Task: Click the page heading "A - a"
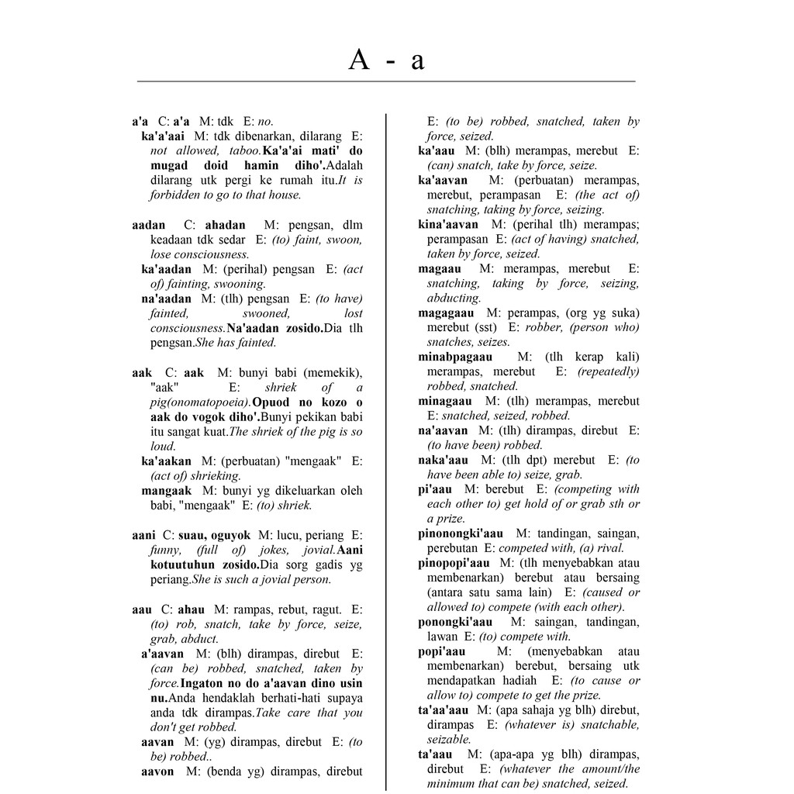coord(386,60)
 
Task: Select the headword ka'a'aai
coord(163,136)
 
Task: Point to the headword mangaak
coord(166,491)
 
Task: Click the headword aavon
coord(157,772)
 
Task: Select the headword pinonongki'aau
coord(460,533)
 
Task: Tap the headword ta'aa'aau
coord(444,710)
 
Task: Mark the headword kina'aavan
coord(448,224)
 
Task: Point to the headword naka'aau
coord(445,460)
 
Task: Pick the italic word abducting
coord(454,298)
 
